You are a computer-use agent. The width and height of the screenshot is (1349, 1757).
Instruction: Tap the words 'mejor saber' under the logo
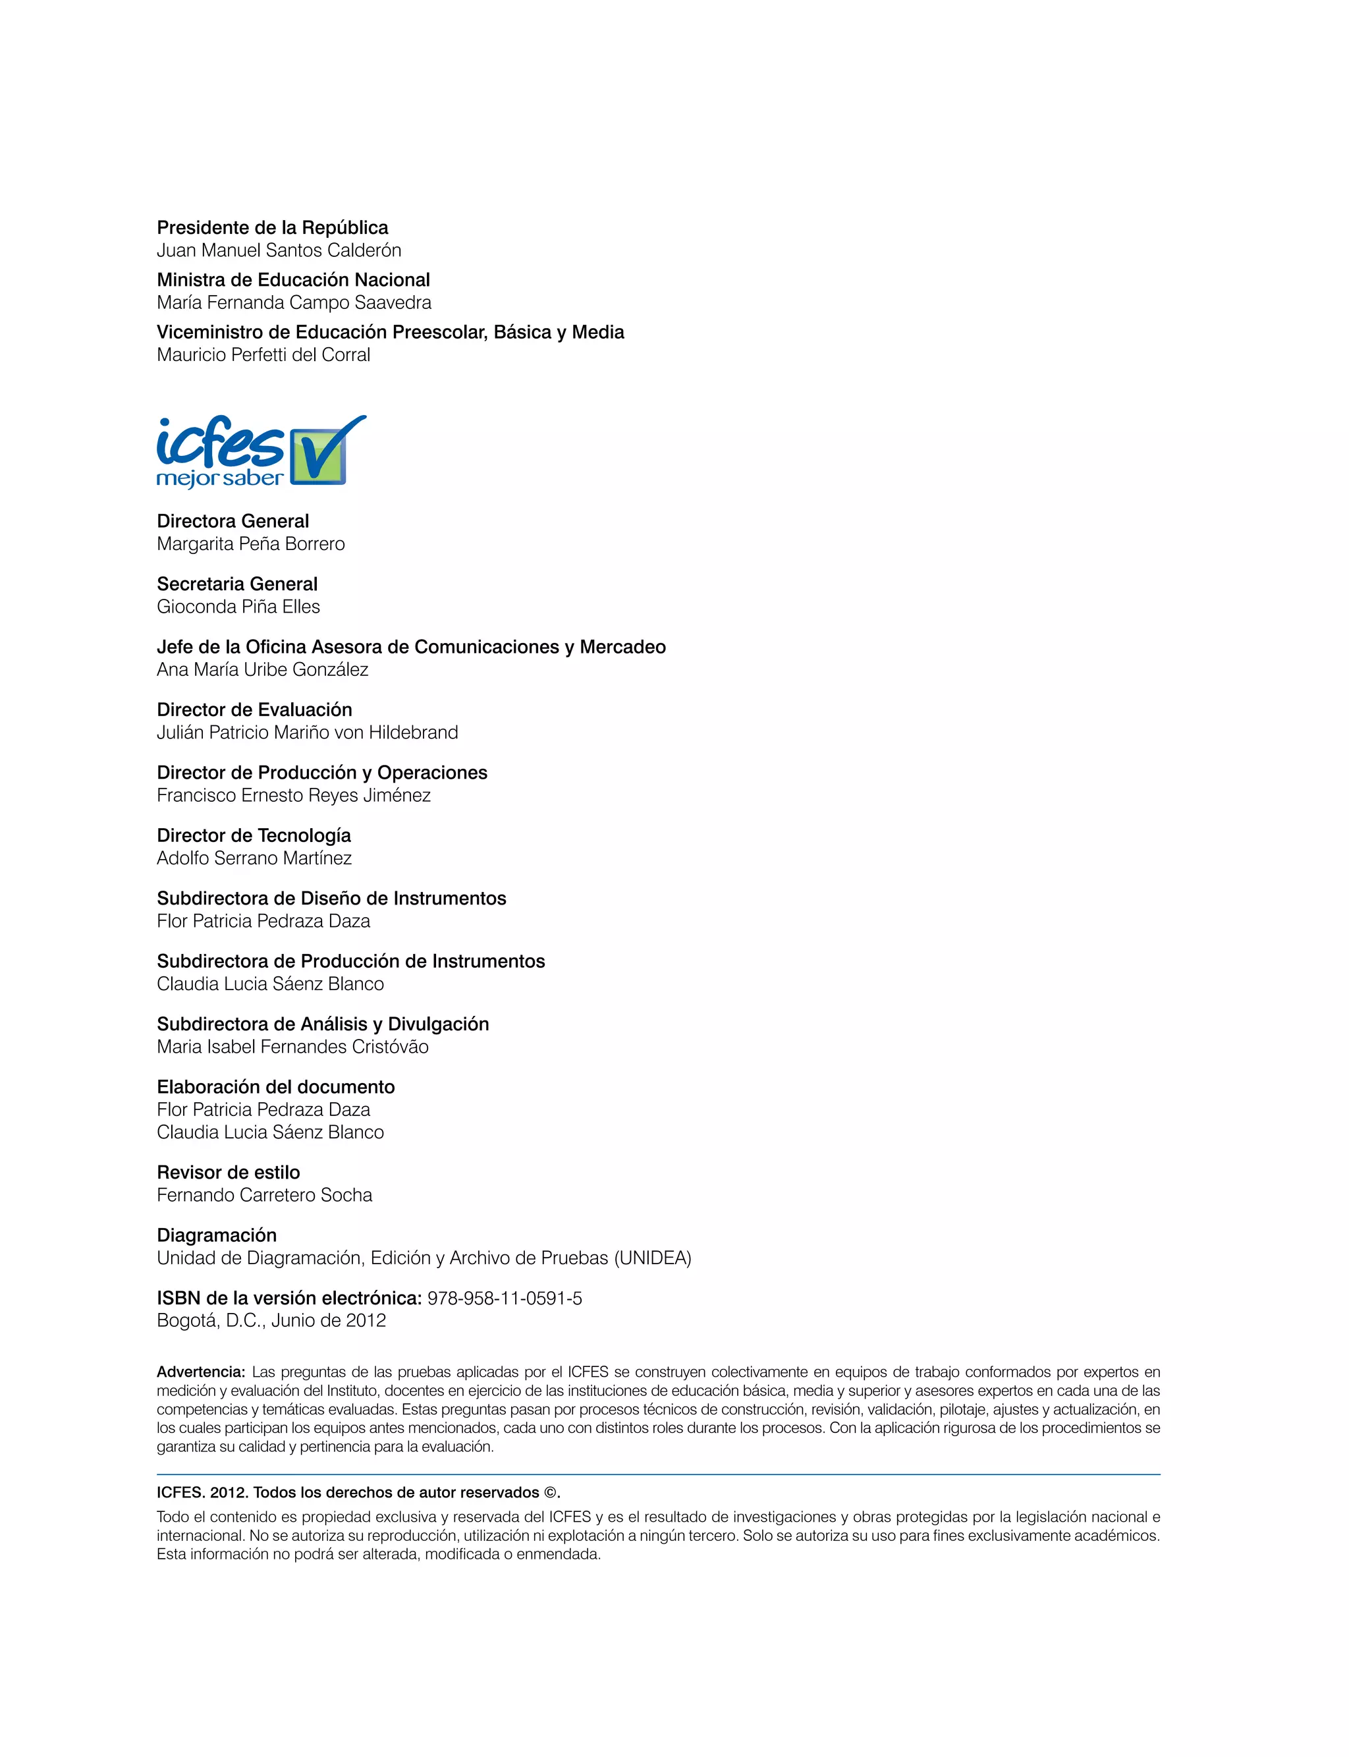click(x=220, y=478)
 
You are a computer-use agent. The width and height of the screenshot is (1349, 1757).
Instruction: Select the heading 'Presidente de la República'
click(x=272, y=227)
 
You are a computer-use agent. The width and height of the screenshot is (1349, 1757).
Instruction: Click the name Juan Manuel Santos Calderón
click(x=279, y=250)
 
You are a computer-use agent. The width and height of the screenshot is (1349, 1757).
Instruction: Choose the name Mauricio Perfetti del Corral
click(x=263, y=354)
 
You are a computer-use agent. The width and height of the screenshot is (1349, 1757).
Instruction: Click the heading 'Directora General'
click(x=233, y=520)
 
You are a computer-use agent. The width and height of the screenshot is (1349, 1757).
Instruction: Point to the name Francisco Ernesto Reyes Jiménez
click(x=294, y=795)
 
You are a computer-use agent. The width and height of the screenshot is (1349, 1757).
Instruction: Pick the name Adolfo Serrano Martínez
click(x=254, y=858)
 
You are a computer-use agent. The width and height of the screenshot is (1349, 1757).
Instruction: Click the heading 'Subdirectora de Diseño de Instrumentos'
click(x=331, y=898)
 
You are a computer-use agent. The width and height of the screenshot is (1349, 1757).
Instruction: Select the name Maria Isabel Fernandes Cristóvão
click(x=292, y=1046)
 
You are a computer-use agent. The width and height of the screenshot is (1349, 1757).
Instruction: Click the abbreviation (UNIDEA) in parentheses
click(x=652, y=1258)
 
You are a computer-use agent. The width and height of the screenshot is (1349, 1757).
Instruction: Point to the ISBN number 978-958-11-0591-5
click(x=505, y=1298)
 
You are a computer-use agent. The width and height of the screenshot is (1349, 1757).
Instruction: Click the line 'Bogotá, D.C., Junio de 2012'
click(x=271, y=1320)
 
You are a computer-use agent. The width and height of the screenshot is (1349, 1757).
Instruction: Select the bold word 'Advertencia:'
click(x=201, y=1372)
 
